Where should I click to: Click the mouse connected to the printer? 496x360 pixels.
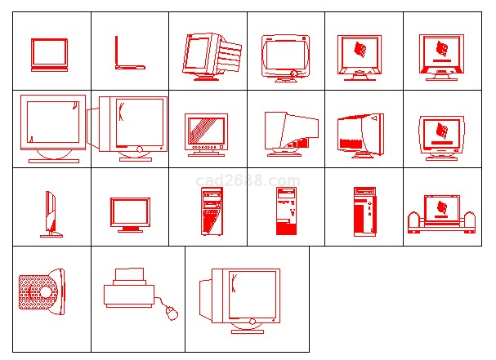coord(172,313)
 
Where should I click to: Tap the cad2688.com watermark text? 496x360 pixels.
coord(248,180)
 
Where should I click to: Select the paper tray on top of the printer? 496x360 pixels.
coord(129,274)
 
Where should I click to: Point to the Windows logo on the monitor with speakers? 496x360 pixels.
coord(441,207)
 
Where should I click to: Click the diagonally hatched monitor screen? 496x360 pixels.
coord(206,131)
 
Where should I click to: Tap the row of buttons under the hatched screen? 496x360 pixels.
coord(204,147)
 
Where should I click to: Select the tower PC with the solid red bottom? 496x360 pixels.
coord(286,211)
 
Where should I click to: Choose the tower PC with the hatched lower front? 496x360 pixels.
coord(212,211)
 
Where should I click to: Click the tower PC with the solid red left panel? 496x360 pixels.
coord(364,211)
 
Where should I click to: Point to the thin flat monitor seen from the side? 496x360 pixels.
coord(51,214)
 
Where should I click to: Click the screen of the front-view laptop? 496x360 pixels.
coord(49,52)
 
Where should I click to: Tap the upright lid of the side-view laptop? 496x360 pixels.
coord(116,51)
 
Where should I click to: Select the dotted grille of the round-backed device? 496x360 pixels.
coord(38,292)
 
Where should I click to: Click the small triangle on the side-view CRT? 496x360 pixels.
coord(374,118)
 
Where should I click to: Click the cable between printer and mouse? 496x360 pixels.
coord(162,301)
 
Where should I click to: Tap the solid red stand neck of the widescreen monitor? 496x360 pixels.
coord(130,229)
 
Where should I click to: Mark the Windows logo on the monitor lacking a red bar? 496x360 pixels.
coord(360,50)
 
